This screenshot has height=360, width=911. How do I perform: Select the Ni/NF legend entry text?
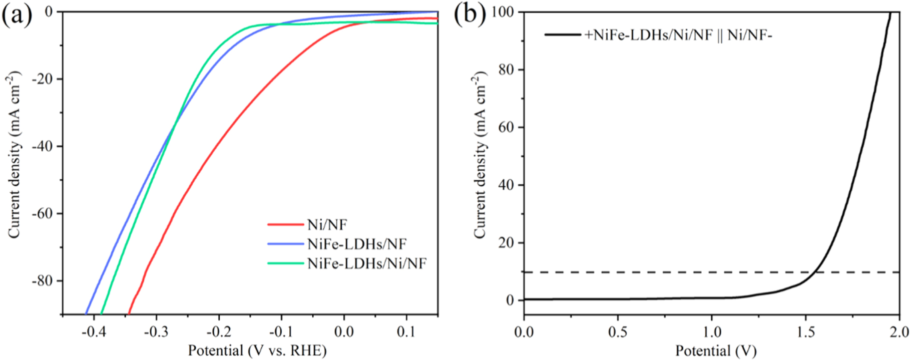[327, 225]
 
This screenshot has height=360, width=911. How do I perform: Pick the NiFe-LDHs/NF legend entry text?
[356, 244]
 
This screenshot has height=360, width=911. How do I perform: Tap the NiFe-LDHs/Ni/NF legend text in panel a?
[366, 263]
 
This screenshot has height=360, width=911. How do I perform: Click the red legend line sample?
[285, 225]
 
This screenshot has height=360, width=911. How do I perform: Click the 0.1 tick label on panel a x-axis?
[406, 332]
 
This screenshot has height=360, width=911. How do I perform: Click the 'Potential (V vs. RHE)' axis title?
[257, 350]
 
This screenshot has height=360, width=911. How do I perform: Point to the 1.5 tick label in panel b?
[805, 332]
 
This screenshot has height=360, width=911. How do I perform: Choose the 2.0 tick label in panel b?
[899, 332]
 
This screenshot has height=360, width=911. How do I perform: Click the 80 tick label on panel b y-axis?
[506, 69]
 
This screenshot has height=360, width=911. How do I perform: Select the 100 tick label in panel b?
[503, 12]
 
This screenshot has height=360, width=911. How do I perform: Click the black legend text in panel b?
[678, 35]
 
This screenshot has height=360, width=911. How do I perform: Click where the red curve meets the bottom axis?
[129, 313]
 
